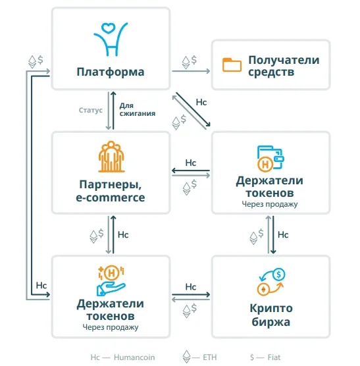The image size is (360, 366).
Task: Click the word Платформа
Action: click(111, 72)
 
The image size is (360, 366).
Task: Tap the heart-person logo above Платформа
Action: click(111, 39)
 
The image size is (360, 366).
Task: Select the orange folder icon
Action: click(232, 65)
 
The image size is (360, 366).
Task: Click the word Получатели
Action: click(284, 60)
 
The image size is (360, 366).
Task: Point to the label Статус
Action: click(91, 110)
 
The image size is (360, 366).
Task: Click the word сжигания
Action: click(138, 114)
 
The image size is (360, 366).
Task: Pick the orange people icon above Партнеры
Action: click(111, 157)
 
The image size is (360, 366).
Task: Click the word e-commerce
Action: click(111, 197)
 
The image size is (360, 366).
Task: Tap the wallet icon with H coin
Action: click(270, 159)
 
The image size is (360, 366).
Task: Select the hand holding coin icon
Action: click(111, 280)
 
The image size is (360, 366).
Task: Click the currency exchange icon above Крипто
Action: click(271, 282)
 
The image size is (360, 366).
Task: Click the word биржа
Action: click(271, 323)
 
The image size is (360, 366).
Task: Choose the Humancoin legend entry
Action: click(122, 357)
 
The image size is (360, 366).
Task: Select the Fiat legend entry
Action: click(265, 357)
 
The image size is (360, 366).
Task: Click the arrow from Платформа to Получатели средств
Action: click(191, 71)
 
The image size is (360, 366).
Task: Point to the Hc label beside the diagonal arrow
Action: click(201, 102)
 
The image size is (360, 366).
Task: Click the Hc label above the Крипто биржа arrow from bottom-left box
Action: click(191, 287)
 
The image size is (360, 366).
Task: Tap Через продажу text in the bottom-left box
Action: click(111, 327)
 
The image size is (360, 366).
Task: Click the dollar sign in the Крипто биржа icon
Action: click(278, 274)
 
